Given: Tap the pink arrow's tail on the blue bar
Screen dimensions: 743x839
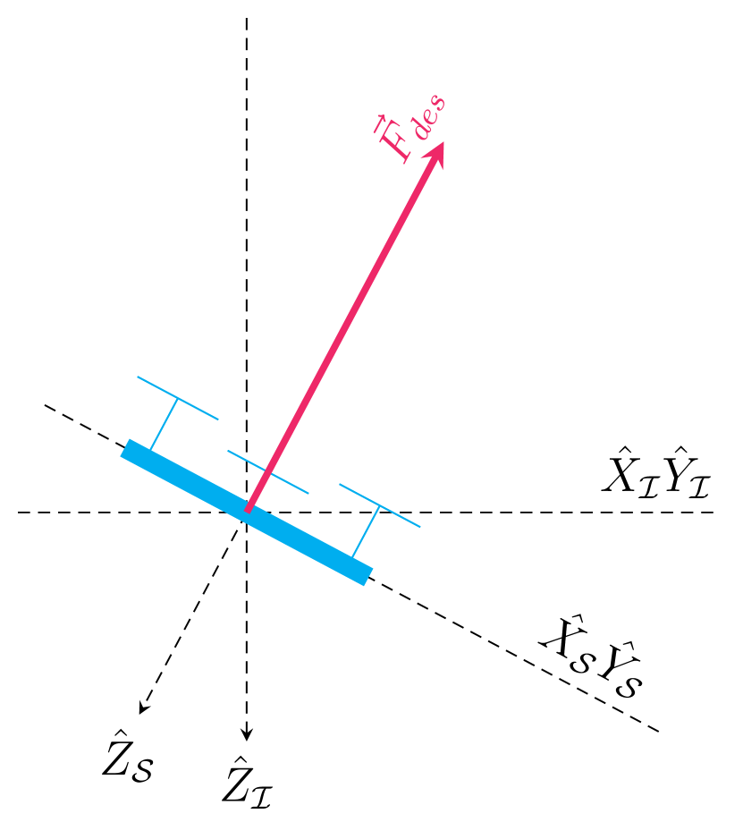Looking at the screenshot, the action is pos(249,509).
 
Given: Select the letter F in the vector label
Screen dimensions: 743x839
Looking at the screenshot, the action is pos(397,147).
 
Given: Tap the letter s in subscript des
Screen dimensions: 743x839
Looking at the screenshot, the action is pos(437,100).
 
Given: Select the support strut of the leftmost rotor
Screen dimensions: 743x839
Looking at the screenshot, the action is pos(164,423).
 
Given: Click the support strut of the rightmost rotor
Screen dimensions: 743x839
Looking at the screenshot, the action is pos(366,531).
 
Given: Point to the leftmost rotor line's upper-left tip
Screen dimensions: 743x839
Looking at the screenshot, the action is pos(138,377).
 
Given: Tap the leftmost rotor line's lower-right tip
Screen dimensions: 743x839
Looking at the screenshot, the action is pos(218,419).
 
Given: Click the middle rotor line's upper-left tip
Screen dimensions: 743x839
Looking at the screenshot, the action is pos(228,451).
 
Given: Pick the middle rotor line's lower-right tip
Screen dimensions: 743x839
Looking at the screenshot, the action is pos(308,493).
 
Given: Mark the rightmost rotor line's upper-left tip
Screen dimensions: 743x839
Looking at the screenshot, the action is pos(340,484).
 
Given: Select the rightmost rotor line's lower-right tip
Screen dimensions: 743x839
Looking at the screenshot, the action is pos(420,527).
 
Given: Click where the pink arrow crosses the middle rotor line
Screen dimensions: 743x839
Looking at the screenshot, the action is pos(270,472).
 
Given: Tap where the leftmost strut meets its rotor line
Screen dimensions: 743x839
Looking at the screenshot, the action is pos(177,398).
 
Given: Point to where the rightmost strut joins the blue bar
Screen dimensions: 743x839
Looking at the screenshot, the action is pos(353,556).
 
